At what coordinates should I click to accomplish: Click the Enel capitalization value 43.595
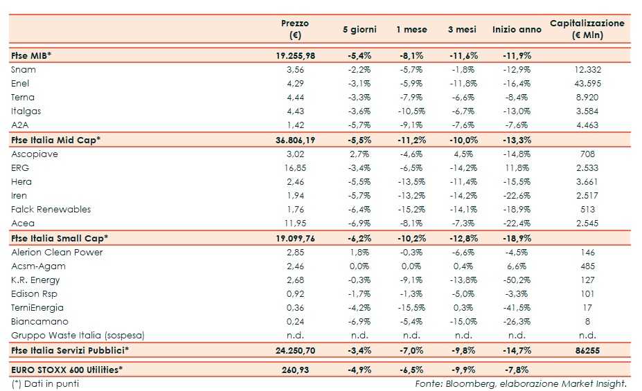(x=587, y=84)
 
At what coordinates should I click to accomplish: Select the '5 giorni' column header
(x=359, y=30)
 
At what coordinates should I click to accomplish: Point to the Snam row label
(x=24, y=70)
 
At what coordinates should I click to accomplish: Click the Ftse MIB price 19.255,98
(x=295, y=55)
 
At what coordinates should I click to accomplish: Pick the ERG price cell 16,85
(x=295, y=168)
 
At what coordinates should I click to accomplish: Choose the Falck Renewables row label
(x=51, y=210)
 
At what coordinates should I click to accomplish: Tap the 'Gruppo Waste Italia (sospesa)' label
(x=78, y=336)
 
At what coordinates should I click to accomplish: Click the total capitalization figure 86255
(x=587, y=351)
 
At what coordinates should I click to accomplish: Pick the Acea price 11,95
(x=295, y=224)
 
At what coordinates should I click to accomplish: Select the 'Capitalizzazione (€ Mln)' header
(x=587, y=29)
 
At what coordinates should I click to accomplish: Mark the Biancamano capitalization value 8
(x=587, y=322)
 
